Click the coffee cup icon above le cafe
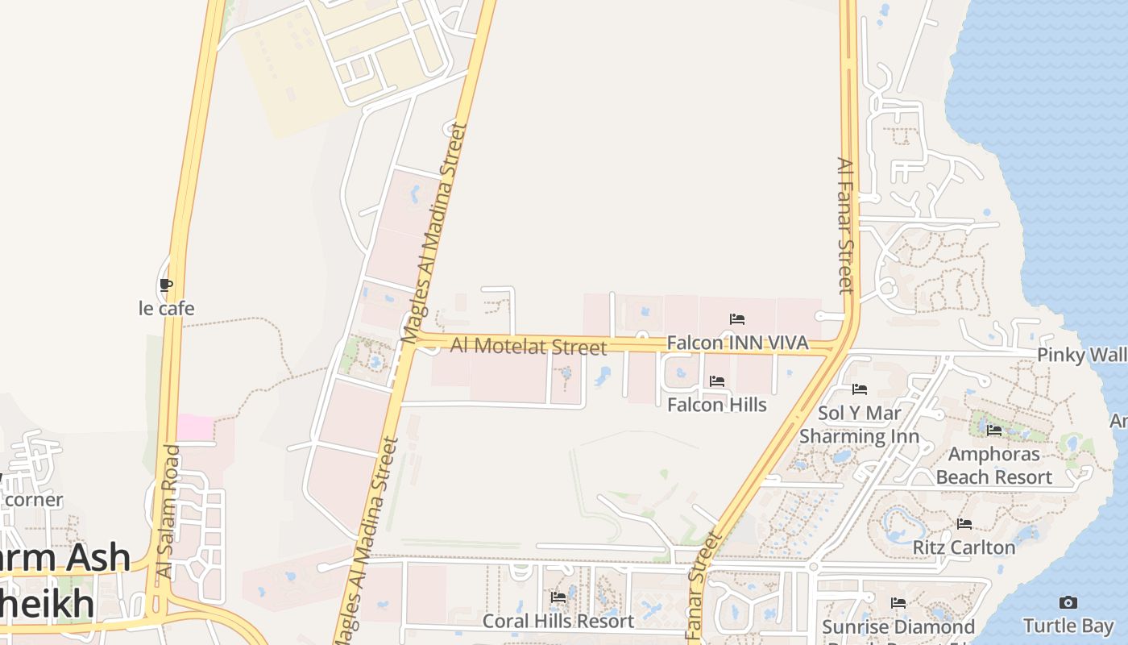[x=166, y=285]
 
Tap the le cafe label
[x=166, y=308]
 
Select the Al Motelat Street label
[x=528, y=346]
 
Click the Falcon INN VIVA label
[x=737, y=343]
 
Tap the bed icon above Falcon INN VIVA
[x=737, y=319]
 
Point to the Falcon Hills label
[x=717, y=404]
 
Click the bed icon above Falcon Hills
[x=717, y=381]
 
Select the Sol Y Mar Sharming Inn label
[x=859, y=425]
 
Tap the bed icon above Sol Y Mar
[x=860, y=389]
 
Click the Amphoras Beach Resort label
[x=994, y=465]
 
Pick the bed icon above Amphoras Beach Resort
[x=994, y=431]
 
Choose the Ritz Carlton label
[x=964, y=547]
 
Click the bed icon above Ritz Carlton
[x=964, y=524]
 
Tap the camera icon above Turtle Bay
[x=1068, y=602]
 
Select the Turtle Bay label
[x=1068, y=625]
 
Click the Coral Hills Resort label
[x=558, y=621]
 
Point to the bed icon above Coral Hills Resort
[x=558, y=597]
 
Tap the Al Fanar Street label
[x=844, y=226]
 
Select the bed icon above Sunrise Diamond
[x=898, y=603]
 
